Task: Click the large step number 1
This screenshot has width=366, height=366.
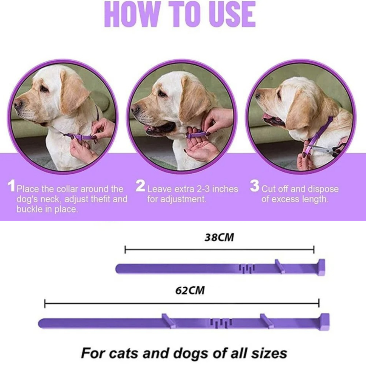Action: [x=12, y=186]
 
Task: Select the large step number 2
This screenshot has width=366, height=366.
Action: [x=140, y=186]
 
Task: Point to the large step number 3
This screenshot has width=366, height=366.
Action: [x=255, y=186]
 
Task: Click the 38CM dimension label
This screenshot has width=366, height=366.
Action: [x=219, y=238]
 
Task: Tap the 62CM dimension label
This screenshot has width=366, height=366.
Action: [x=190, y=291]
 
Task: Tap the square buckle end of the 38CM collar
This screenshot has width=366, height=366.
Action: [x=321, y=267]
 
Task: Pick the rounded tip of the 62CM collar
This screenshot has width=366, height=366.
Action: [x=42, y=323]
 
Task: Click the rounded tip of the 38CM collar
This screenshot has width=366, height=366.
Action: [x=120, y=268]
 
